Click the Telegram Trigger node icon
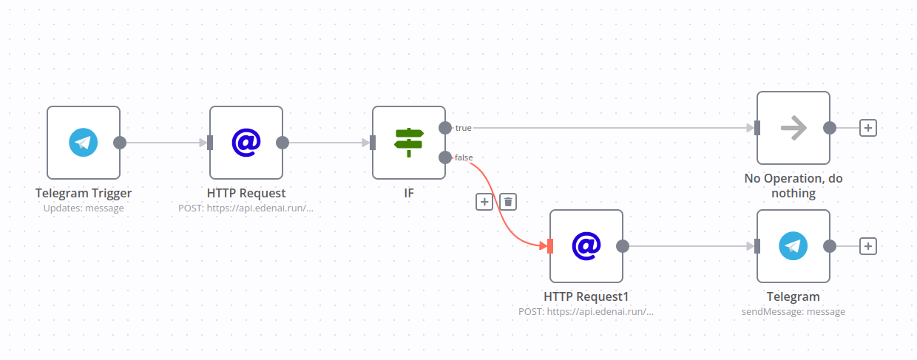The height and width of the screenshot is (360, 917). (84, 143)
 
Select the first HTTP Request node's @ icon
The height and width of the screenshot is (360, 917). (246, 143)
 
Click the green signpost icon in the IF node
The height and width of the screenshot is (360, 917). (409, 143)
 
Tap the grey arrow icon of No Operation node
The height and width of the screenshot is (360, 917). (794, 128)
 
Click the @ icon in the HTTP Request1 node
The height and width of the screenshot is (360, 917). (586, 246)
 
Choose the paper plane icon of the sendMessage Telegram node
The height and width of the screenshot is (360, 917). (794, 246)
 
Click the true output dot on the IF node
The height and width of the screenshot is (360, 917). (445, 128)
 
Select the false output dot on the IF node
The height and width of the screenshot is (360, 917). (445, 157)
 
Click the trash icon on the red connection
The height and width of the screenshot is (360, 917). (508, 201)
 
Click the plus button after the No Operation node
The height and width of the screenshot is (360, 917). (868, 128)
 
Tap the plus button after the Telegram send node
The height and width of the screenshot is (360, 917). (868, 246)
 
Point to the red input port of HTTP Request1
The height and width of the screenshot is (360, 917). (550, 246)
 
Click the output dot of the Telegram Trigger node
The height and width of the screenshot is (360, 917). (120, 143)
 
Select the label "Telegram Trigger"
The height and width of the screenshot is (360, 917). (84, 193)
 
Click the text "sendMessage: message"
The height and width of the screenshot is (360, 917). (794, 311)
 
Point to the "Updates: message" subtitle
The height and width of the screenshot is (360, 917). (84, 208)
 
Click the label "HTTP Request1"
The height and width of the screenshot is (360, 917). (586, 296)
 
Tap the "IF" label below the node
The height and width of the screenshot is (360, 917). (409, 193)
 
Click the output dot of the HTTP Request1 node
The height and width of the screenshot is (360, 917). (623, 246)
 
